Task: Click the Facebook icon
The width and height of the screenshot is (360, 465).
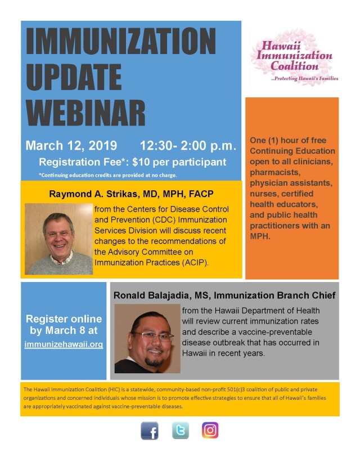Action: click(x=149, y=431)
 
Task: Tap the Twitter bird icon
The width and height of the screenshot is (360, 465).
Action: click(x=180, y=431)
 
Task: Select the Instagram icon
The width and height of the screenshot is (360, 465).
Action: click(x=210, y=431)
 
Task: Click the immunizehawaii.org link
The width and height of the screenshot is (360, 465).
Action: click(x=64, y=344)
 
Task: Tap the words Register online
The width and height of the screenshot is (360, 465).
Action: click(x=64, y=319)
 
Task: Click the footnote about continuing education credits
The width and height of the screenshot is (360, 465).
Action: click(x=107, y=175)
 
